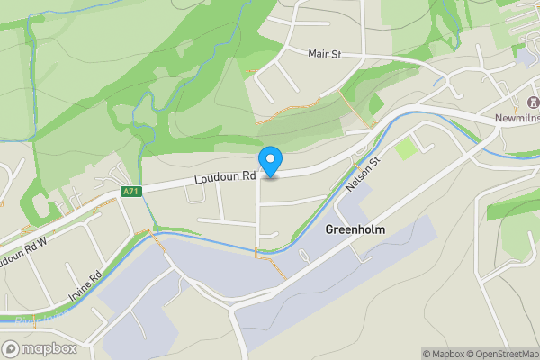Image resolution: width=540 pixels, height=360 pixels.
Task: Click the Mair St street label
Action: pos(324,54)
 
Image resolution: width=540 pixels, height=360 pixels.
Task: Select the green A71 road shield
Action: pos(131,192)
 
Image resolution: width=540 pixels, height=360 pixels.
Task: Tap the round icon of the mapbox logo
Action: pos(11,348)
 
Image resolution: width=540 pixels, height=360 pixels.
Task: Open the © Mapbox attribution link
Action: pos(443,354)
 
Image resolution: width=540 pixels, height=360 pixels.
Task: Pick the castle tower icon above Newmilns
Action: pos(519,101)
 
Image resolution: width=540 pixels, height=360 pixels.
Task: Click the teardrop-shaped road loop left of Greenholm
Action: pos(303,257)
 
